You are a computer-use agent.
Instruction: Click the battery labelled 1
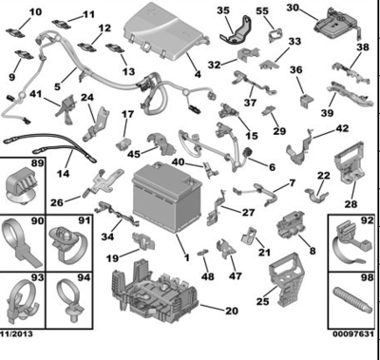pyautogui.click(x=167, y=197)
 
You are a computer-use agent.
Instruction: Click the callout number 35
pyautogui.click(x=223, y=10)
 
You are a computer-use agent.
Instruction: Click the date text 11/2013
pyautogui.click(x=16, y=333)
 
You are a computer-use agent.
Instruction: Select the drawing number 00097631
pyautogui.click(x=353, y=333)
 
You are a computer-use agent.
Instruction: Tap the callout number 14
pyautogui.click(x=64, y=173)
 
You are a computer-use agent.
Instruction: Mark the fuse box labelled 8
pyautogui.click(x=290, y=226)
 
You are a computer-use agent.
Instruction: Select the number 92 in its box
pyautogui.click(x=367, y=220)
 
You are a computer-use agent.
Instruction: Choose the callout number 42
pyautogui.click(x=342, y=128)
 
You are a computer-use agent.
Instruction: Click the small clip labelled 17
pyautogui.click(x=123, y=144)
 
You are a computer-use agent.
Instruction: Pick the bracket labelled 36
pyautogui.click(x=307, y=100)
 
